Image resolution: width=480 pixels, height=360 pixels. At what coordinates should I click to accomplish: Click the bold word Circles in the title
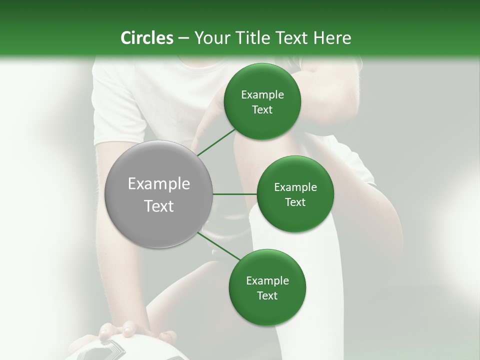coord(146,38)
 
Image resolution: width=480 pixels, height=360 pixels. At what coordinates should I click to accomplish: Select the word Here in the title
coord(332,38)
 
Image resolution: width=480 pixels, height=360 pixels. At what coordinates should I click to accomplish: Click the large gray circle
coord(159,194)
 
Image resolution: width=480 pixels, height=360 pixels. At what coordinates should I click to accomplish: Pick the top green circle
coord(262,102)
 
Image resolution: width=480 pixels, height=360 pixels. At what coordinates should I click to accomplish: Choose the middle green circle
coord(295,194)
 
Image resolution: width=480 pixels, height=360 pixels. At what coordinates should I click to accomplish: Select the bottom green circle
coord(267,287)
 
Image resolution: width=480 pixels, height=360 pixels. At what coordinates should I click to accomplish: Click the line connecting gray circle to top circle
coord(216,142)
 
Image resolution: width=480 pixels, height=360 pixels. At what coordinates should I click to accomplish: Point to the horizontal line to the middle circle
coord(235,194)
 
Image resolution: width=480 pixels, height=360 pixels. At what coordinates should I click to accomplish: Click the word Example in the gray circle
coord(159,184)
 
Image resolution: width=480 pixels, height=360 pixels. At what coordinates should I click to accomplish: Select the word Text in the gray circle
coord(159,206)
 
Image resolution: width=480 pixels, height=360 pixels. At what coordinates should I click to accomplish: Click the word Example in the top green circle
coord(262,95)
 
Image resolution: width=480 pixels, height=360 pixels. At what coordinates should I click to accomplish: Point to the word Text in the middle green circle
coord(295,202)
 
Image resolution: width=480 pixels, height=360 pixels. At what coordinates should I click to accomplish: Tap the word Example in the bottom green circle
coord(267,281)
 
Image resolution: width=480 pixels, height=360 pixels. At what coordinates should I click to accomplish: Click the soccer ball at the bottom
coord(130,350)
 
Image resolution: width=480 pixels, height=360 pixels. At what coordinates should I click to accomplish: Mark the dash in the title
coord(183,38)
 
